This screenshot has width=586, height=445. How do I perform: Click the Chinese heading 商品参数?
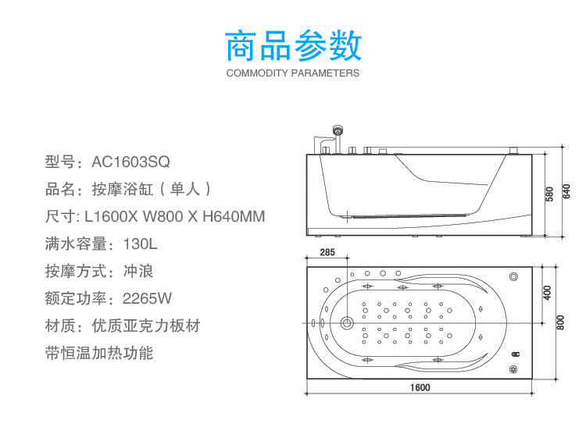(x=293, y=46)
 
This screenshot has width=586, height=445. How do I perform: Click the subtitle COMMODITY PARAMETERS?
(x=293, y=73)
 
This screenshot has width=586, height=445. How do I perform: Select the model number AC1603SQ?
(x=130, y=162)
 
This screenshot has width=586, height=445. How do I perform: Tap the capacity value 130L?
(x=140, y=244)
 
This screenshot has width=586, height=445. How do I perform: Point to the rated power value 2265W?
(x=148, y=299)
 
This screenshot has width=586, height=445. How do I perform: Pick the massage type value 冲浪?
(x=138, y=272)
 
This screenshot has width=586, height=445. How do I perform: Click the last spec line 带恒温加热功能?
(x=99, y=353)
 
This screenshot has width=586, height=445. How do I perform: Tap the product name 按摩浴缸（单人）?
(x=152, y=189)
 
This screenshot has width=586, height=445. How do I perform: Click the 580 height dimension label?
(x=550, y=192)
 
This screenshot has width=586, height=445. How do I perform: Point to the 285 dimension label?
(x=327, y=252)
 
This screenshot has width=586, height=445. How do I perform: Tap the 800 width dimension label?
(x=560, y=322)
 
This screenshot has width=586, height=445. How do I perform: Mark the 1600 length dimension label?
(x=420, y=388)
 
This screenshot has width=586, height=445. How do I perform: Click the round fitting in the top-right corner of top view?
(x=513, y=276)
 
